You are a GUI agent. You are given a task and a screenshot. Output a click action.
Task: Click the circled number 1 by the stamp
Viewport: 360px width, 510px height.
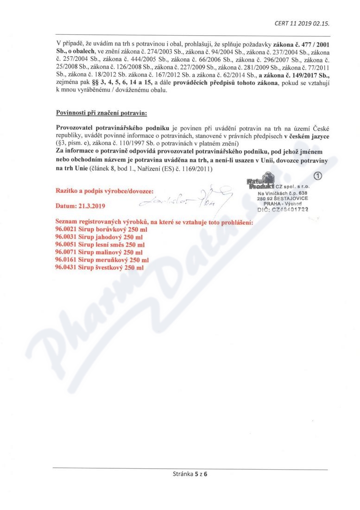tap(317, 176)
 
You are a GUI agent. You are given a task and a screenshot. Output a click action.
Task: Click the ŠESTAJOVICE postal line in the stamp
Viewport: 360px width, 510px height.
tap(283, 198)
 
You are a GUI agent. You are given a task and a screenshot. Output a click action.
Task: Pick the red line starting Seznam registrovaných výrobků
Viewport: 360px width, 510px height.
tap(154, 223)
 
